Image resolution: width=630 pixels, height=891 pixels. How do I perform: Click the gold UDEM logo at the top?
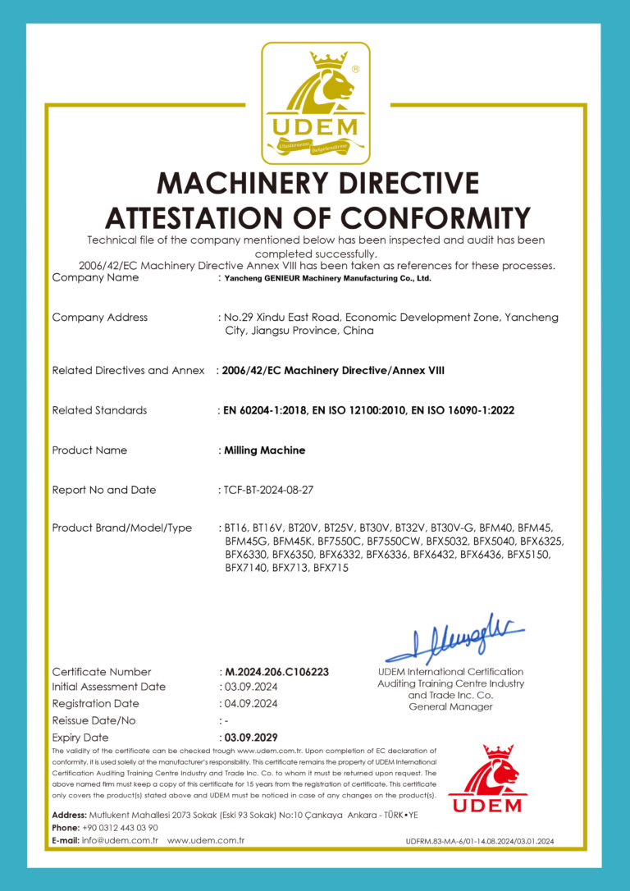(x=315, y=103)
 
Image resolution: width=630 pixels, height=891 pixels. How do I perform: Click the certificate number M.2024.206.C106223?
(x=276, y=671)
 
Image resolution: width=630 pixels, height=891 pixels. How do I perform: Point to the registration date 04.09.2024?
(x=250, y=703)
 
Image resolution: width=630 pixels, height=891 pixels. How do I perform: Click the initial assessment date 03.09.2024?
(x=250, y=687)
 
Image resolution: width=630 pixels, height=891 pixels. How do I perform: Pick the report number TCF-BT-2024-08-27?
(x=268, y=490)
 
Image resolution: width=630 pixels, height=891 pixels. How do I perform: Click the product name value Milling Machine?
(x=264, y=450)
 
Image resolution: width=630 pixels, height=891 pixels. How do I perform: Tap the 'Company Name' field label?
(x=95, y=277)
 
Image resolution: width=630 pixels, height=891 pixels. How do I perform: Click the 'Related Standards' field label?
(x=99, y=410)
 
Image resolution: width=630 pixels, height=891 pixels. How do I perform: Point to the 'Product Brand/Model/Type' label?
(x=121, y=528)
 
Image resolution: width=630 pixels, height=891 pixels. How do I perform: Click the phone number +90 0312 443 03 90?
(x=122, y=828)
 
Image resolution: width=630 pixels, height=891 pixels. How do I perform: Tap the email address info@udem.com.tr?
(x=119, y=841)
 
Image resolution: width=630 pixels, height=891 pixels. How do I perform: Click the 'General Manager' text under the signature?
(x=450, y=706)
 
